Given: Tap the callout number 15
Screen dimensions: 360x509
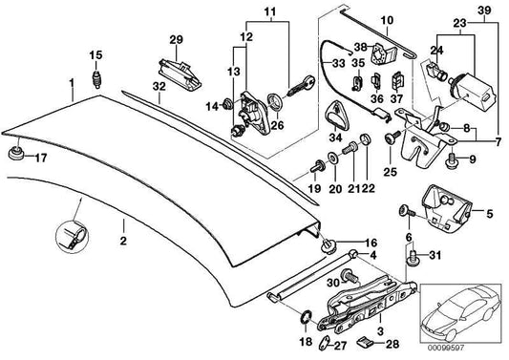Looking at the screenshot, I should pyautogui.click(x=95, y=53).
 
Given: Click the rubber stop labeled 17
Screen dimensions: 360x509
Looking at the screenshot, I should pyautogui.click(x=15, y=154).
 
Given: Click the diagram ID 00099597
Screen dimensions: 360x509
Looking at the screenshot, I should pyautogui.click(x=481, y=349).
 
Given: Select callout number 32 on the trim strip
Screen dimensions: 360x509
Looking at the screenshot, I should pyautogui.click(x=159, y=87).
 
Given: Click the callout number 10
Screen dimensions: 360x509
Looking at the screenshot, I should pyautogui.click(x=387, y=19).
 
